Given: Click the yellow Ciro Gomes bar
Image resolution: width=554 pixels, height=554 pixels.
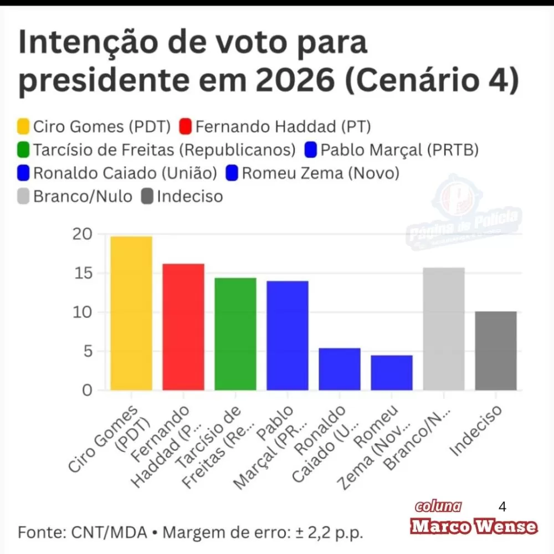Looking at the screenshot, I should point(131,313).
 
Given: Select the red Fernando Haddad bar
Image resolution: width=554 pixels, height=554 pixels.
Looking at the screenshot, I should point(183,327).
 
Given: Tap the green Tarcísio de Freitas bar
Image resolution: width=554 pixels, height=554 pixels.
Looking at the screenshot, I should point(235,334).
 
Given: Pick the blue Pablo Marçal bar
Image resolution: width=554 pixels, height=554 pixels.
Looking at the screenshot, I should point(288,335).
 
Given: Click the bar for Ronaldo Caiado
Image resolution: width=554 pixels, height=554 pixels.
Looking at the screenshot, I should point(340,369).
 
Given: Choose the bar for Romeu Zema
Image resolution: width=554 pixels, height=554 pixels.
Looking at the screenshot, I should point(392,372).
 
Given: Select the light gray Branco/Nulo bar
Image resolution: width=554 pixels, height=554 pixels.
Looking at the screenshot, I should point(444,329).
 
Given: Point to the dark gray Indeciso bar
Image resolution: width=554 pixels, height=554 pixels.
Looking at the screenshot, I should point(496,351).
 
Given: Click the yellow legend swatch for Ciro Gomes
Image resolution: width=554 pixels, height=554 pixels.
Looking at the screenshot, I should point(24,127).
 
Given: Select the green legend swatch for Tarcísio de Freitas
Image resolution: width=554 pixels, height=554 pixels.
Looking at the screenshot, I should point(24,150).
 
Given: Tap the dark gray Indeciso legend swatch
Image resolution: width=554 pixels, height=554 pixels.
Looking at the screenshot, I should point(147,196).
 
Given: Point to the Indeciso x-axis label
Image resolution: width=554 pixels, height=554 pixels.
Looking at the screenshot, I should point(476,430).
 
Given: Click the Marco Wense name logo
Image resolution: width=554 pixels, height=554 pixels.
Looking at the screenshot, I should point(474,526).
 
